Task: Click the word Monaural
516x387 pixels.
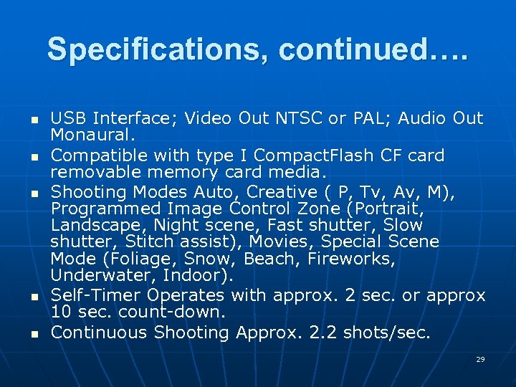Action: [x=93, y=135]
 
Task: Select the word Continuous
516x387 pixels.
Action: [x=100, y=333]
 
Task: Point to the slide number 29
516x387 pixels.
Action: [x=480, y=359]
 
